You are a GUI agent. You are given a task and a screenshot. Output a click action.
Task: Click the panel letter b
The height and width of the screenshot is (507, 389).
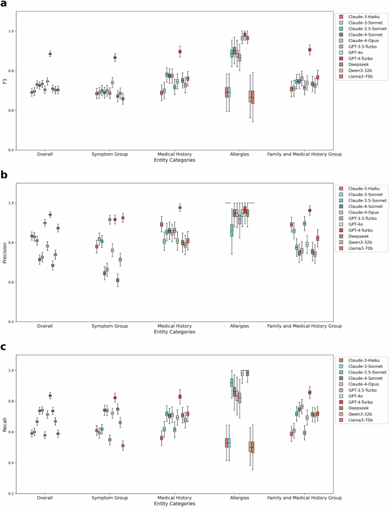tap(4, 175)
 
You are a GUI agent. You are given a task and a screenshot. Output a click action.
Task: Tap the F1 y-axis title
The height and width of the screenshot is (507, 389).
tap(5, 81)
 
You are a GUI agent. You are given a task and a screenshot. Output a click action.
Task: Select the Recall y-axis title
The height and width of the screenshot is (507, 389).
tap(5, 422)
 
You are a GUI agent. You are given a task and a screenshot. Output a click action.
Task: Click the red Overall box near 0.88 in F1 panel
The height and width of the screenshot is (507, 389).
tap(50, 54)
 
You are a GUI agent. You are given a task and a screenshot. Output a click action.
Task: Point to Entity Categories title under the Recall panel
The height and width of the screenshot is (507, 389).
tap(175, 503)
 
